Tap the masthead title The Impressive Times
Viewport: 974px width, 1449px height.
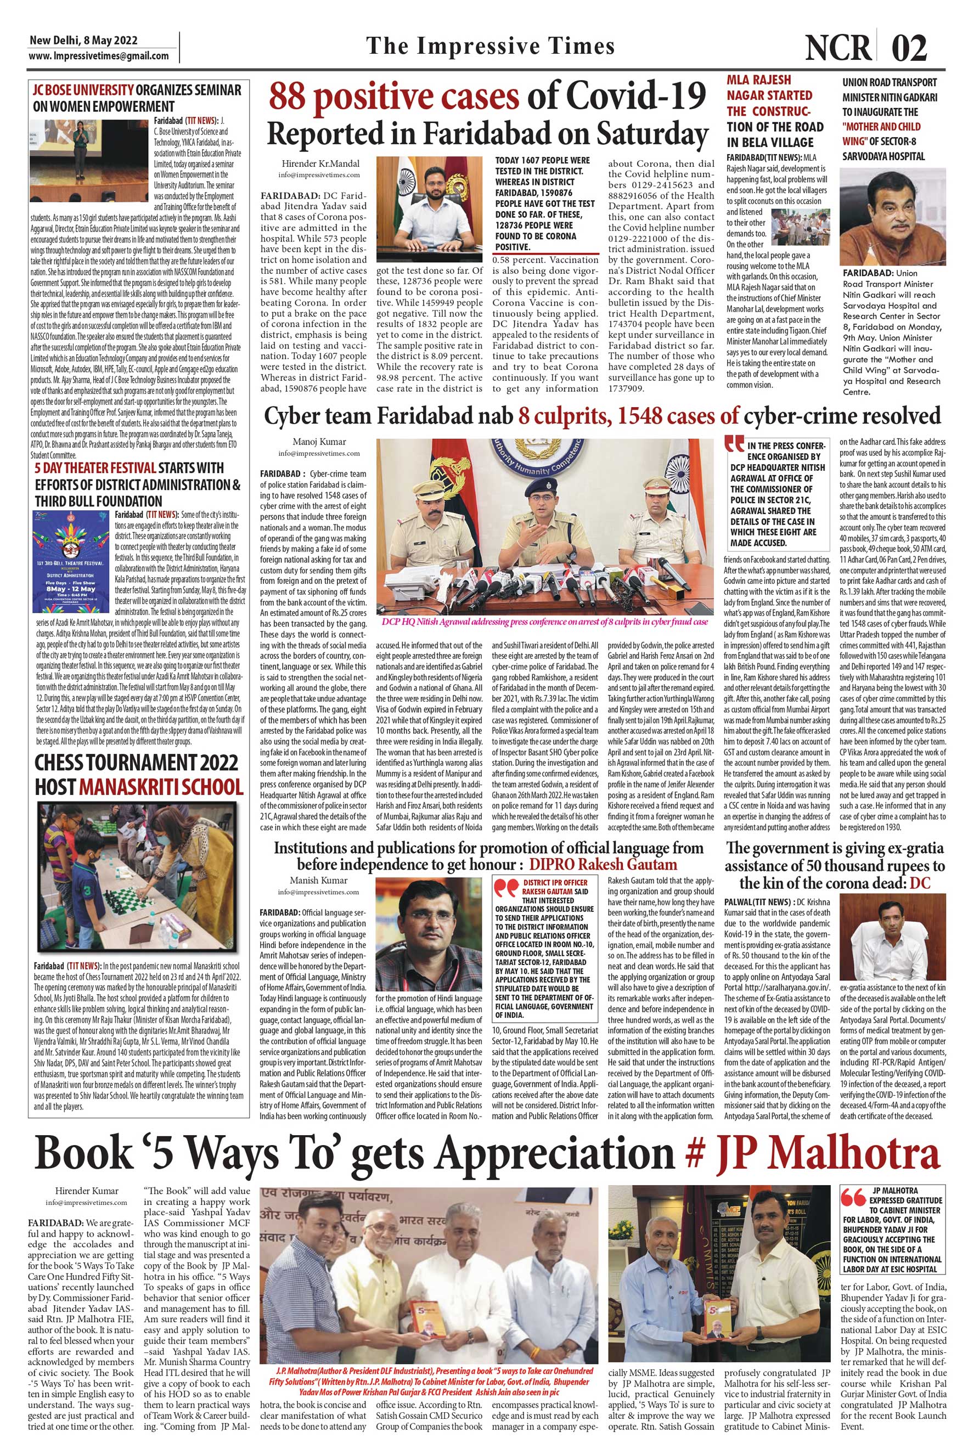[x=490, y=47]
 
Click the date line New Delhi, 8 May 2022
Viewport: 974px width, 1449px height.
[x=84, y=41]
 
